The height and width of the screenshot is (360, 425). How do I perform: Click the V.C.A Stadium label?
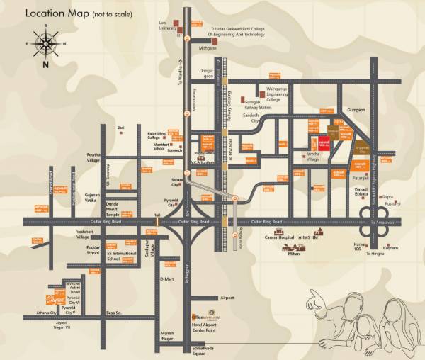205,162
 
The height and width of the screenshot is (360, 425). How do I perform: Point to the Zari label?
121,128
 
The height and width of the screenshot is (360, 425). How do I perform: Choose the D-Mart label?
168,279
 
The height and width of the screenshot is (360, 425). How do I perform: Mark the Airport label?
227,298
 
